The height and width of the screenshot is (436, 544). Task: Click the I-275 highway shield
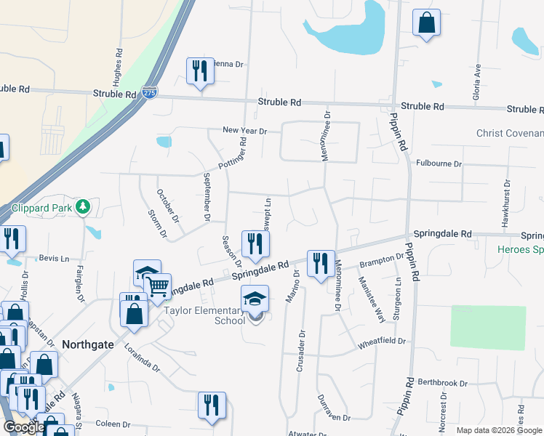(149, 93)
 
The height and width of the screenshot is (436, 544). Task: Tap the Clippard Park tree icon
(84, 207)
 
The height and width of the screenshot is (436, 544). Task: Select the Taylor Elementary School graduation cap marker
(255, 299)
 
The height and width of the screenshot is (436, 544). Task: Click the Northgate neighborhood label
(88, 345)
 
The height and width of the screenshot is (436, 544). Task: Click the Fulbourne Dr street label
(439, 164)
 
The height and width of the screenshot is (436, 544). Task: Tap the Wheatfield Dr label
(380, 341)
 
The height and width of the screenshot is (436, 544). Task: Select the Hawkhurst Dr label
(504, 206)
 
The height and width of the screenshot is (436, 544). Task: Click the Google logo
(24, 428)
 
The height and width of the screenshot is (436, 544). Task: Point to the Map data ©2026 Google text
(498, 430)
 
